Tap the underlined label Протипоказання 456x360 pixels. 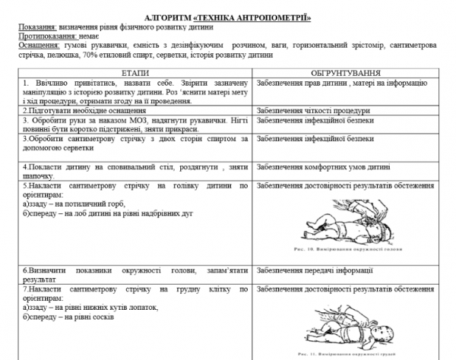coord(49,36)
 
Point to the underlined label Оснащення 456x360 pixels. coord(41,46)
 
